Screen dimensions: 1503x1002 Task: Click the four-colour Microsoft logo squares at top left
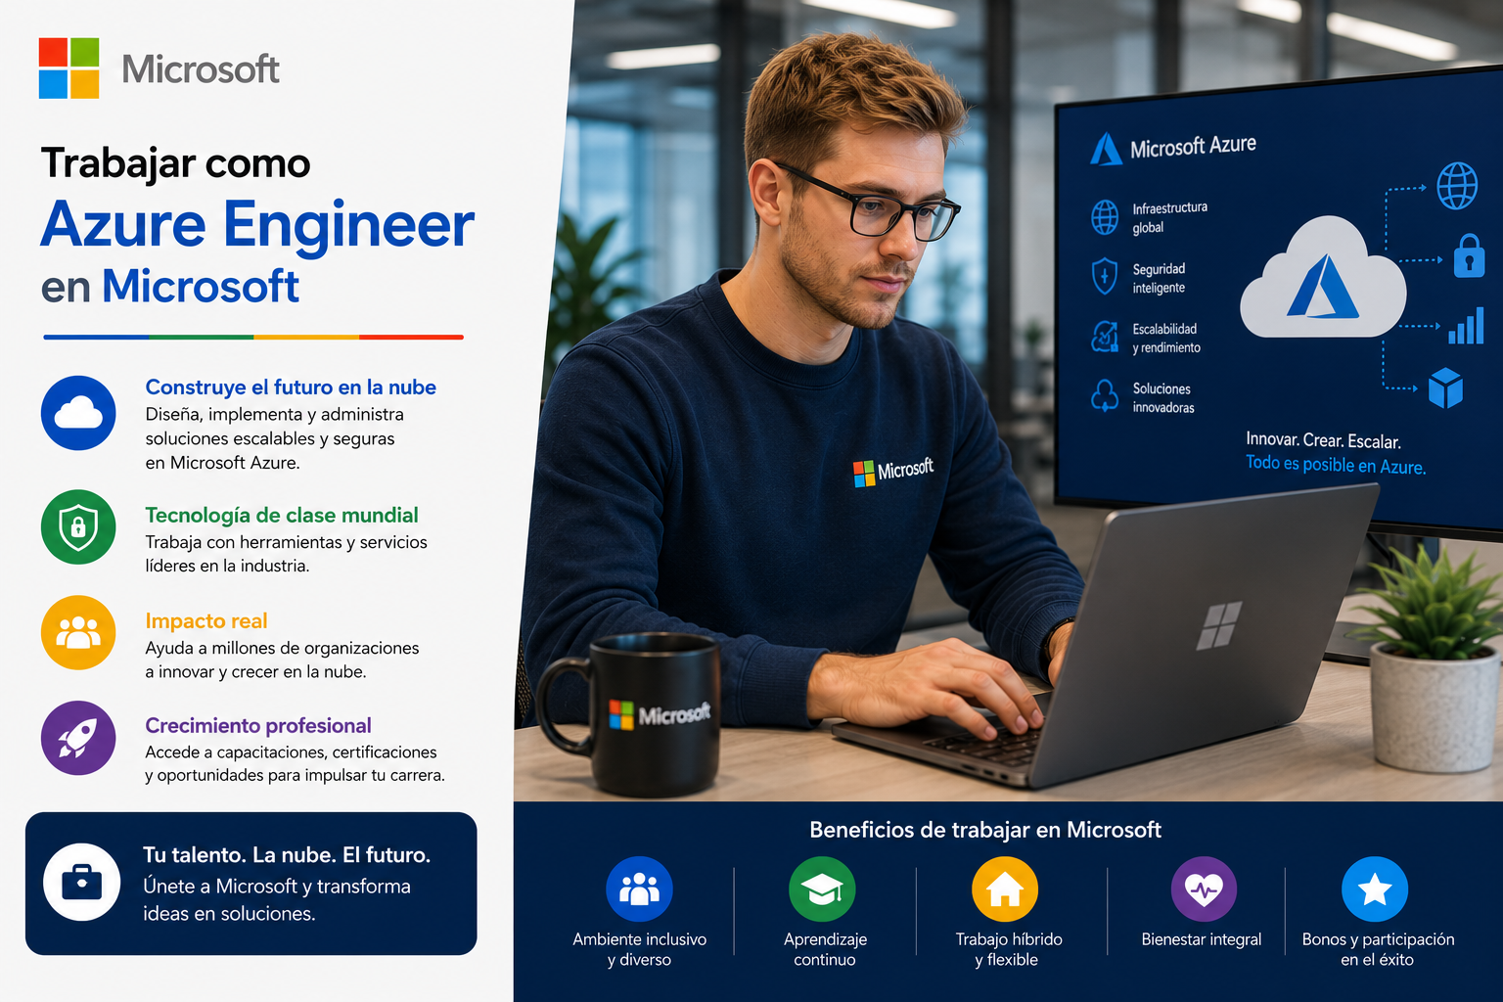tap(69, 68)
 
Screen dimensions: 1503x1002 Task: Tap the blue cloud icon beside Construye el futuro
tap(78, 413)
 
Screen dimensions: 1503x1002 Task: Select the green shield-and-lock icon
tap(78, 526)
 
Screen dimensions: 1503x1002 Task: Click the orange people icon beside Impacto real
tap(78, 632)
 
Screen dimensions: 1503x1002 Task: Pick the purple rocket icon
tap(78, 738)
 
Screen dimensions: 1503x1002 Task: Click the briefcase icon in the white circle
tap(82, 882)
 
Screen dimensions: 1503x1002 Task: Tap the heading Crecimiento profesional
tap(258, 725)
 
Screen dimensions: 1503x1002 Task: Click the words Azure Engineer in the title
tap(257, 226)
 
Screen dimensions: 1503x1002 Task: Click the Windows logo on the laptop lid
tap(1218, 625)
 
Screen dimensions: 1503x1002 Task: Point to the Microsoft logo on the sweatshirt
tap(892, 471)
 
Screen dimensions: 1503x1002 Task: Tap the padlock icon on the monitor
tap(1469, 255)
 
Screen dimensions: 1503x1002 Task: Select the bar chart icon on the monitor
tap(1466, 326)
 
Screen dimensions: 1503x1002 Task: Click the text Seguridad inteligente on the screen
tap(1159, 279)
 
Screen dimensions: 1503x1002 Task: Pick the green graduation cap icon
tap(822, 889)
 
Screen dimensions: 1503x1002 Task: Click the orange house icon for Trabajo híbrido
tap(1005, 889)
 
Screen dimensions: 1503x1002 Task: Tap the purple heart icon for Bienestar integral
tap(1204, 889)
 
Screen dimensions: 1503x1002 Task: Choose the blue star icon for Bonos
tap(1375, 889)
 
